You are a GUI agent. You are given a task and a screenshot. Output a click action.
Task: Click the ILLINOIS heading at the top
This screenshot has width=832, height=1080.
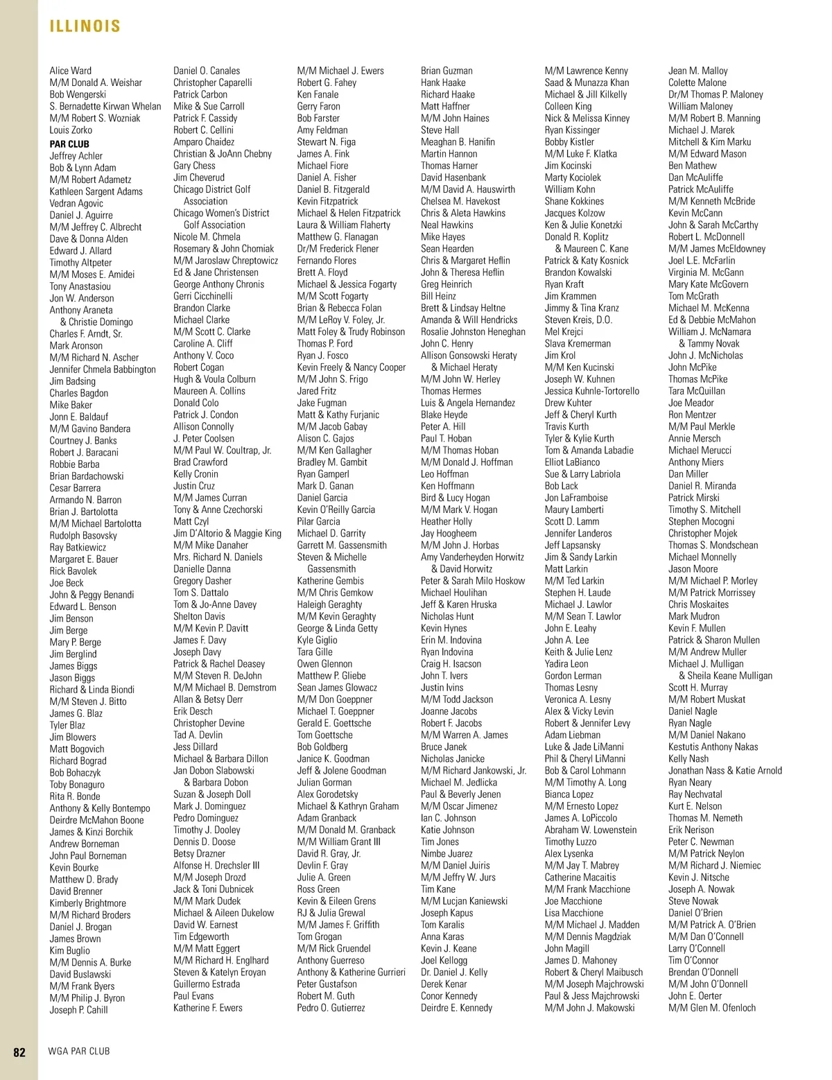[x=85, y=26]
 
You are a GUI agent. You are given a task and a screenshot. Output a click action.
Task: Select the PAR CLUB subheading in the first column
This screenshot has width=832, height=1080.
[x=69, y=144]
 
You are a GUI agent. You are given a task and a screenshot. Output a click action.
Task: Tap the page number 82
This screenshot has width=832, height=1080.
[x=19, y=1052]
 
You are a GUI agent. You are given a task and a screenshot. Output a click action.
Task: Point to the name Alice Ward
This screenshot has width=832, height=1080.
[x=70, y=71]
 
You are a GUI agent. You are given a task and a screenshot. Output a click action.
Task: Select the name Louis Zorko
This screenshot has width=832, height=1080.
[x=71, y=130]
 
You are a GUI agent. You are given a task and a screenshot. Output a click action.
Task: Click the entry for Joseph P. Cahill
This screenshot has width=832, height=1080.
[x=78, y=1010]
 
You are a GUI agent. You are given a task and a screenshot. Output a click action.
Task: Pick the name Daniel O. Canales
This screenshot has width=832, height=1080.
[x=207, y=71]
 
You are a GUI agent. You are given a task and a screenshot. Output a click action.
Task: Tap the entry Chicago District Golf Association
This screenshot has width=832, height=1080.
[x=211, y=195]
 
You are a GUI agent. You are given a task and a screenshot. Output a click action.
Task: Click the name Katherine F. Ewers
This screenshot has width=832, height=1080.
[x=207, y=1008]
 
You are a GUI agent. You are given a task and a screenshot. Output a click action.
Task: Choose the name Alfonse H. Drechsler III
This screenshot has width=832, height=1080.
[x=216, y=866]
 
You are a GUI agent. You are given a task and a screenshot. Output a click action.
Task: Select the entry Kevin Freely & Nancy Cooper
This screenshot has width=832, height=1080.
[x=351, y=367]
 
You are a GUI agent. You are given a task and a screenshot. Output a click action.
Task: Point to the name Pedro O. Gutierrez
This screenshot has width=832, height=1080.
[x=331, y=1008]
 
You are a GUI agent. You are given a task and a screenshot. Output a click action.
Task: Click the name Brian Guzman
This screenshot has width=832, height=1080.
[x=447, y=71]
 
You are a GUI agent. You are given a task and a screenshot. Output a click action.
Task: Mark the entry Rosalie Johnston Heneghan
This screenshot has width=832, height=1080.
[x=473, y=332]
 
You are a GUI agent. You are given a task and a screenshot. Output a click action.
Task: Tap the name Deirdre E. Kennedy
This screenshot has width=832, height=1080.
[x=456, y=1008]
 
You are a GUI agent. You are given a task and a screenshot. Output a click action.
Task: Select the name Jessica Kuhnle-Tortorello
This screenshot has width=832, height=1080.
[x=591, y=391]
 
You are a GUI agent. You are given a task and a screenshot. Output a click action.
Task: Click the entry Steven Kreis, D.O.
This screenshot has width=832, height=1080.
[x=578, y=320]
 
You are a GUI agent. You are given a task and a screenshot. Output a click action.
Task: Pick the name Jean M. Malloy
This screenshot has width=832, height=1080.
[x=697, y=71]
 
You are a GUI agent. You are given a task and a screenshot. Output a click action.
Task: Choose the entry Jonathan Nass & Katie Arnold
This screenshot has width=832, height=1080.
[x=725, y=771]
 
